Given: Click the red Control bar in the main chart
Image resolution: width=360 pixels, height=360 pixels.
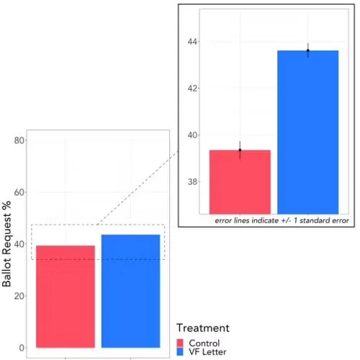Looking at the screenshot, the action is (x=66, y=297).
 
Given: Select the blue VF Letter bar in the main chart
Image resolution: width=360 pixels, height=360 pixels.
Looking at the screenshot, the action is (x=130, y=291).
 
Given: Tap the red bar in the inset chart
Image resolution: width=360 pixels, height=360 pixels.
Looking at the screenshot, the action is (x=240, y=182).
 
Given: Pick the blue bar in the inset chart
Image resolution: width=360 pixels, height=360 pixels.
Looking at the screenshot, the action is (x=308, y=132).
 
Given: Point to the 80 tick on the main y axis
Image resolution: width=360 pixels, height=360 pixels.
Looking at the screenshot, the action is (x=19, y=140).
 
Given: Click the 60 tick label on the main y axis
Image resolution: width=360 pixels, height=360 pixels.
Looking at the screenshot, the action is (x=19, y=192).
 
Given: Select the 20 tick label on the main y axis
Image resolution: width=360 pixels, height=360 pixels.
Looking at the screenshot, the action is (x=19, y=296).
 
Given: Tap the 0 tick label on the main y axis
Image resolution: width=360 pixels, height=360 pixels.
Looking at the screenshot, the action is (x=22, y=348).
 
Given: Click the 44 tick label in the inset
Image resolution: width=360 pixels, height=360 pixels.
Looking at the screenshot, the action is (x=192, y=42).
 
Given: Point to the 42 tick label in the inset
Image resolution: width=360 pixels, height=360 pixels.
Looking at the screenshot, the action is (x=192, y=89).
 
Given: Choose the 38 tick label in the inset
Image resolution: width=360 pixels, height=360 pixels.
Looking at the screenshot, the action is (x=192, y=181).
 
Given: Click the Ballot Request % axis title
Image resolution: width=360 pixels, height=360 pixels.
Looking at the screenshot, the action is (x=6, y=244).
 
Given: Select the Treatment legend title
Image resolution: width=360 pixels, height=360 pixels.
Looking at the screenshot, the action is (x=203, y=328).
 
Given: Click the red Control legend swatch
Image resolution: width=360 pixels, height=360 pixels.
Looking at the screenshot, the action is (x=180, y=343).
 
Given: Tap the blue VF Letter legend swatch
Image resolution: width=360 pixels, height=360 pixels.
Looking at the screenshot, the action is (x=180, y=351).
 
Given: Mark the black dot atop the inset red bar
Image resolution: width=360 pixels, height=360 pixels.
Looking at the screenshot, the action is (x=240, y=150).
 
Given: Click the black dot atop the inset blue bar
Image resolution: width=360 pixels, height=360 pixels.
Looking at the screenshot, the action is (x=308, y=50).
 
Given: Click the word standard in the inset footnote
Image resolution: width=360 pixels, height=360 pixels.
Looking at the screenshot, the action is (x=314, y=220).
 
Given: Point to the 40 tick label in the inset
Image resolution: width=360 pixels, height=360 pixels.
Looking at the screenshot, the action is (x=192, y=135).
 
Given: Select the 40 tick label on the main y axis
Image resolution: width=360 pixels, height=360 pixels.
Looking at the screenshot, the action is (x=19, y=244).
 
